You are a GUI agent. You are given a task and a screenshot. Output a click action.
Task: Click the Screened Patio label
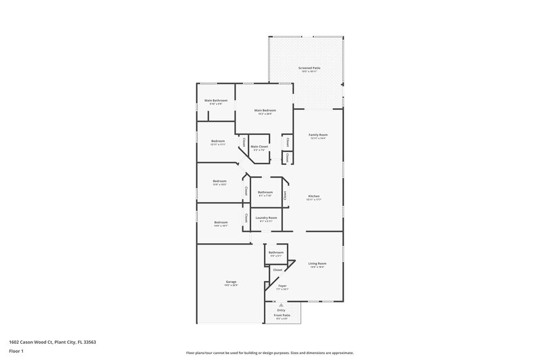point(310,68)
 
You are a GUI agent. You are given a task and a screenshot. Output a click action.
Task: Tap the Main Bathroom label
point(216,101)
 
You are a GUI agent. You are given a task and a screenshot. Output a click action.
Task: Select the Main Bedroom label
point(265,110)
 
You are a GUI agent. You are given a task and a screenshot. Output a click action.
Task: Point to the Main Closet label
point(259,147)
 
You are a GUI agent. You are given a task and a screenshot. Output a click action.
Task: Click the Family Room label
point(318,135)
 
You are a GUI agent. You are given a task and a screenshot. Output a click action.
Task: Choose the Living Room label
point(317,263)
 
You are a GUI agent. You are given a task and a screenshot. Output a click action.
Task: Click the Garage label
point(230,282)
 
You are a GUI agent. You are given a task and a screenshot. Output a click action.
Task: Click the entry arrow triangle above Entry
point(281,305)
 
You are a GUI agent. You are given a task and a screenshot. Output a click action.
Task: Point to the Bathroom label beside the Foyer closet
point(276,253)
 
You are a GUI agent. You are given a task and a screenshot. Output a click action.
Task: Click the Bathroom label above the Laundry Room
point(265,192)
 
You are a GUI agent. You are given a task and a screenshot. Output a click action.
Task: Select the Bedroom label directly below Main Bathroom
point(218,141)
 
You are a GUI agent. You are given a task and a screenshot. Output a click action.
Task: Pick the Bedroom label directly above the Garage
point(221,222)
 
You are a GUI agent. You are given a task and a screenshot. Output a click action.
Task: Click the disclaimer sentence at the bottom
point(270,353)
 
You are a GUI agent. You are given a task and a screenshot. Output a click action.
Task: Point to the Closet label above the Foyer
point(277,269)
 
